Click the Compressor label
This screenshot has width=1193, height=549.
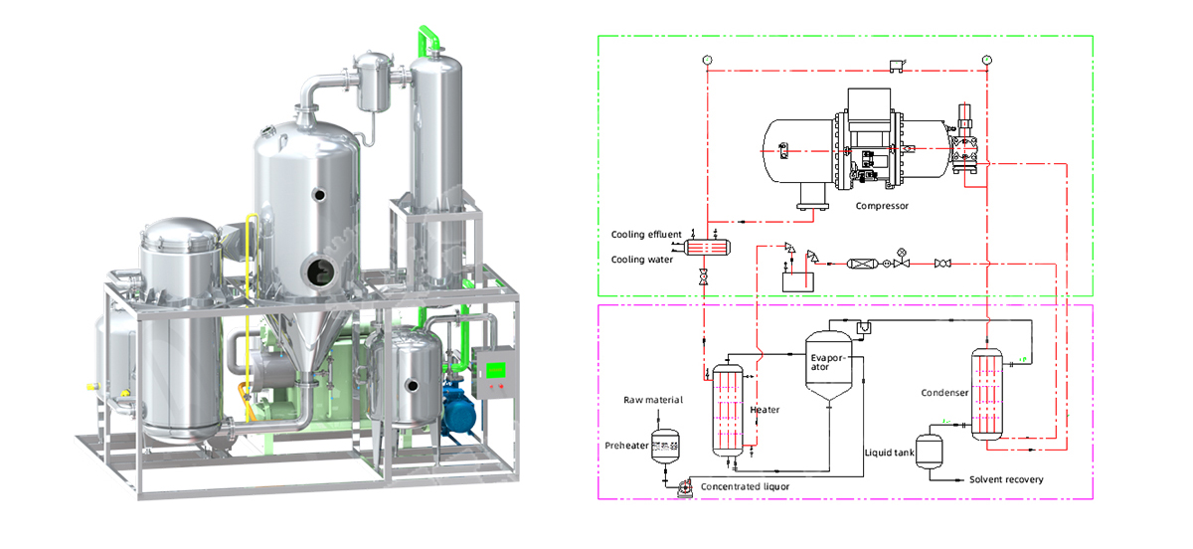[x=882, y=206]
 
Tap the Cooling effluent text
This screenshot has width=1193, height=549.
[x=646, y=235]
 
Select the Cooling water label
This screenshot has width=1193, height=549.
[x=642, y=260]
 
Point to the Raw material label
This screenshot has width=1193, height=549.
[x=653, y=400]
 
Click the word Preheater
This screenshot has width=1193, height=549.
[x=626, y=446]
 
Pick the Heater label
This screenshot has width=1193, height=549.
[x=765, y=410]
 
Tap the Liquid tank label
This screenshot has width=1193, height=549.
[x=889, y=453]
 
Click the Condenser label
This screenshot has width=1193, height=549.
[x=944, y=393]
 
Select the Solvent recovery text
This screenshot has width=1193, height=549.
[x=1006, y=479]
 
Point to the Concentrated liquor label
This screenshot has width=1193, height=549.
[x=745, y=486]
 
